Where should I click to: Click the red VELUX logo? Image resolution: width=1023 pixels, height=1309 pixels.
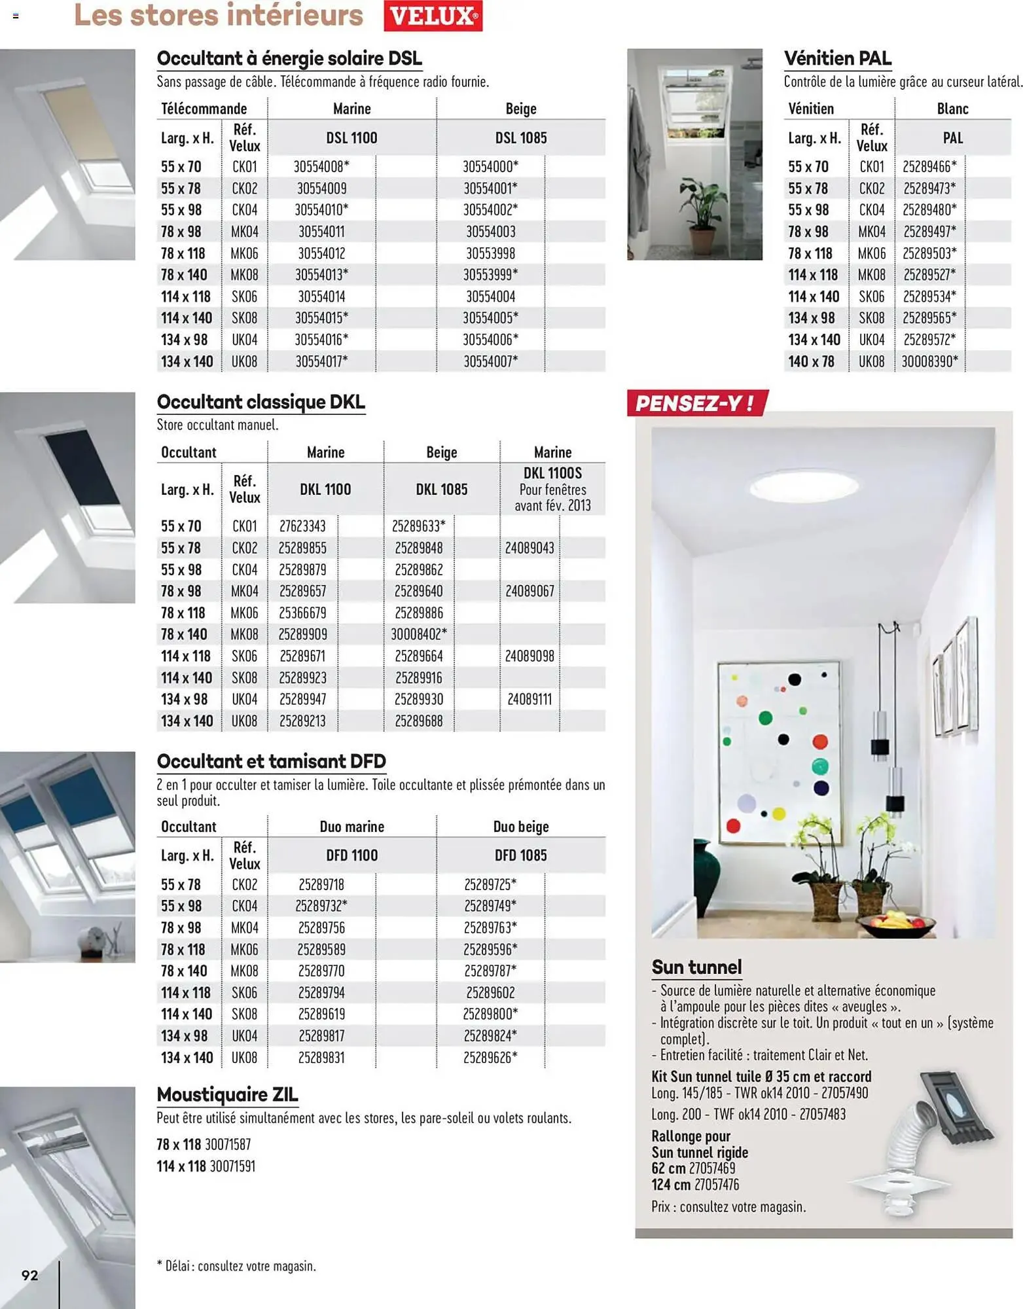point(433,16)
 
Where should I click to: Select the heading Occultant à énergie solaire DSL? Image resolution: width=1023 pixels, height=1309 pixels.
point(289,58)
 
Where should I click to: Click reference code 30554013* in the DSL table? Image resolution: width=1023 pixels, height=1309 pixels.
point(321,275)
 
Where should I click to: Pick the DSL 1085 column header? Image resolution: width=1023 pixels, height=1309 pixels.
point(520,138)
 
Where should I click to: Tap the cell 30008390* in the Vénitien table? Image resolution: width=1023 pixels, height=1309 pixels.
point(929,361)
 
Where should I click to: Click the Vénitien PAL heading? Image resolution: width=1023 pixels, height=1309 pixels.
point(837,58)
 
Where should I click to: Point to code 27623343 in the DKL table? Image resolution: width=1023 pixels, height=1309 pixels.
point(302,526)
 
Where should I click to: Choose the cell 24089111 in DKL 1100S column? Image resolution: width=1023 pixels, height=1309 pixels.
point(529,699)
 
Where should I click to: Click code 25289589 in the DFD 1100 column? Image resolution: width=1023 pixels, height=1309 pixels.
point(321,949)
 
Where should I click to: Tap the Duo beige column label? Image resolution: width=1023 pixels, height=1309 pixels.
point(520,827)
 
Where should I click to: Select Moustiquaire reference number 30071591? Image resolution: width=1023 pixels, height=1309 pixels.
point(230,1166)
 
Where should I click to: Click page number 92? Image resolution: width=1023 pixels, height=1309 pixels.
point(29,1274)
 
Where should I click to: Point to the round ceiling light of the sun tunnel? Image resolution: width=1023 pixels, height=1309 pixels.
point(804,487)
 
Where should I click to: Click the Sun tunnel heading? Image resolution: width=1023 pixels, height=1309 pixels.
point(696,967)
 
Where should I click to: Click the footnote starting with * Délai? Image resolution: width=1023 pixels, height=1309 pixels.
point(236,1266)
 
